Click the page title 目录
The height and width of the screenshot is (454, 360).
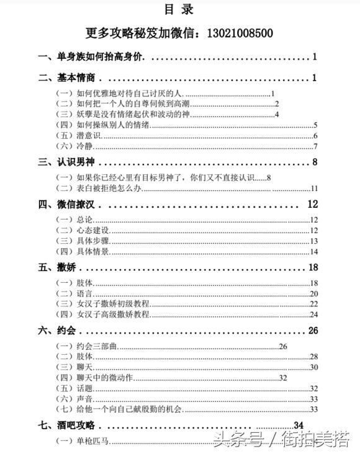click(179, 9)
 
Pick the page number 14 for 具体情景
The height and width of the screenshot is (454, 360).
click(313, 251)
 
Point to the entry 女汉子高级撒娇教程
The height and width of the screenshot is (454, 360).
click(112, 314)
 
